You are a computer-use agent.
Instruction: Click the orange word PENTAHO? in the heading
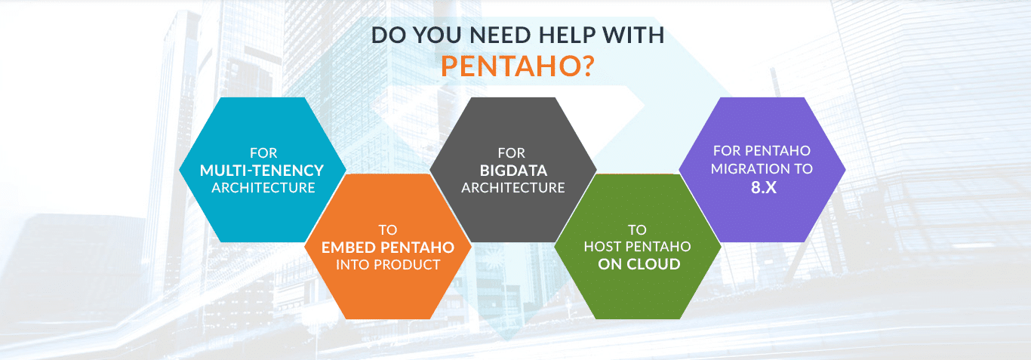coord(518,66)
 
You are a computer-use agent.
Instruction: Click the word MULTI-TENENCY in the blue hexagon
coord(262,171)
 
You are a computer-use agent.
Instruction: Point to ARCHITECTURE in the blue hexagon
coord(263,188)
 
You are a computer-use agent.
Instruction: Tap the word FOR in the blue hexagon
coord(263,153)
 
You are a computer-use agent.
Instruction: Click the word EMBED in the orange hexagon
coord(347,248)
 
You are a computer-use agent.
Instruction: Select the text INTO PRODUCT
coord(388,265)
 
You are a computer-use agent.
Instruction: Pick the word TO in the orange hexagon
coord(387,229)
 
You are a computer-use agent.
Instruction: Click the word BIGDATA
coord(513,171)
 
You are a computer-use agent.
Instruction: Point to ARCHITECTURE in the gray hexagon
coord(513,188)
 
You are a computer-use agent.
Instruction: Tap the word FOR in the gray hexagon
coord(512,153)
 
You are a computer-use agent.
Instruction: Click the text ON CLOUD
coord(639,264)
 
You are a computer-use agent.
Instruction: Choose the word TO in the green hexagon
coord(637,229)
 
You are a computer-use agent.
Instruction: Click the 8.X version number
coord(764,187)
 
